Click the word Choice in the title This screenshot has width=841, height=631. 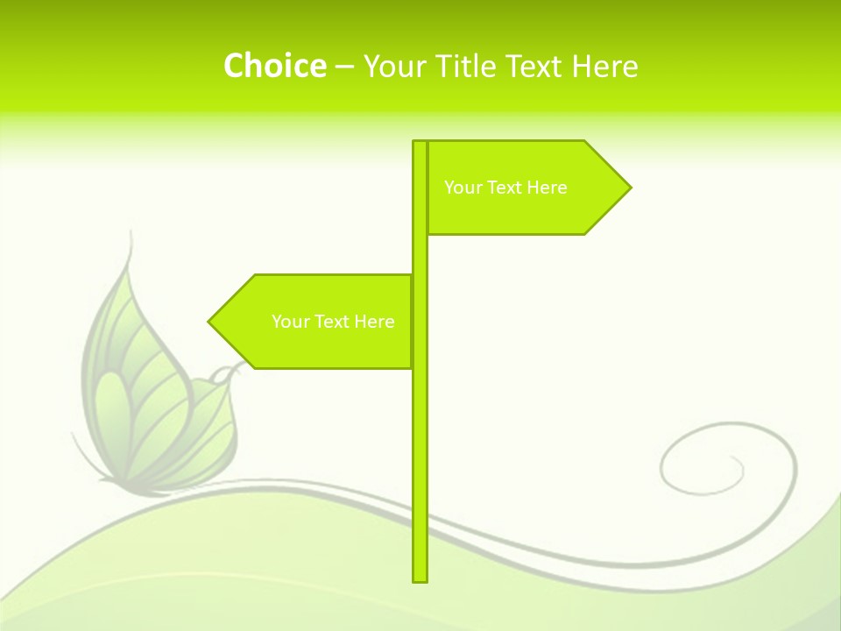coord(274,66)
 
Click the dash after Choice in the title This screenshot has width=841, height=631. coord(344,67)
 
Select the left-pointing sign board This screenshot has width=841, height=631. coord(315,322)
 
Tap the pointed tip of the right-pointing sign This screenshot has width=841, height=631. coord(629,188)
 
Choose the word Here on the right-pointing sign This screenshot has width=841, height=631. coord(547,188)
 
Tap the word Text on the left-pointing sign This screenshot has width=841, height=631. coord(332,322)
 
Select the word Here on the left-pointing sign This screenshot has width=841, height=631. coord(374,322)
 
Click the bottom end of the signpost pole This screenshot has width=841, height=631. coord(420,578)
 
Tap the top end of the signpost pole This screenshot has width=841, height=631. coord(420,144)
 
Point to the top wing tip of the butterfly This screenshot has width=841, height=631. coord(131,235)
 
